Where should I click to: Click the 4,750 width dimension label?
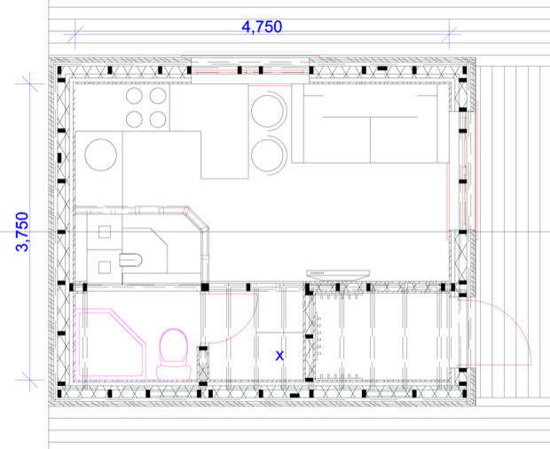coord(262,27)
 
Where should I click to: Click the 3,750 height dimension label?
coord(23,232)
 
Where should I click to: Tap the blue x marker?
coord(279,355)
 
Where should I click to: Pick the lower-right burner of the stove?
coord(158,118)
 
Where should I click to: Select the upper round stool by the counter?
coord(269,113)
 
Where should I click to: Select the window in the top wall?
coord(251,67)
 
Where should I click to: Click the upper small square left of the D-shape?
coord(105,234)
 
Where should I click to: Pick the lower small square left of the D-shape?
coord(105,264)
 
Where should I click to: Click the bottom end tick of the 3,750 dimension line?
coord(33,380)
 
